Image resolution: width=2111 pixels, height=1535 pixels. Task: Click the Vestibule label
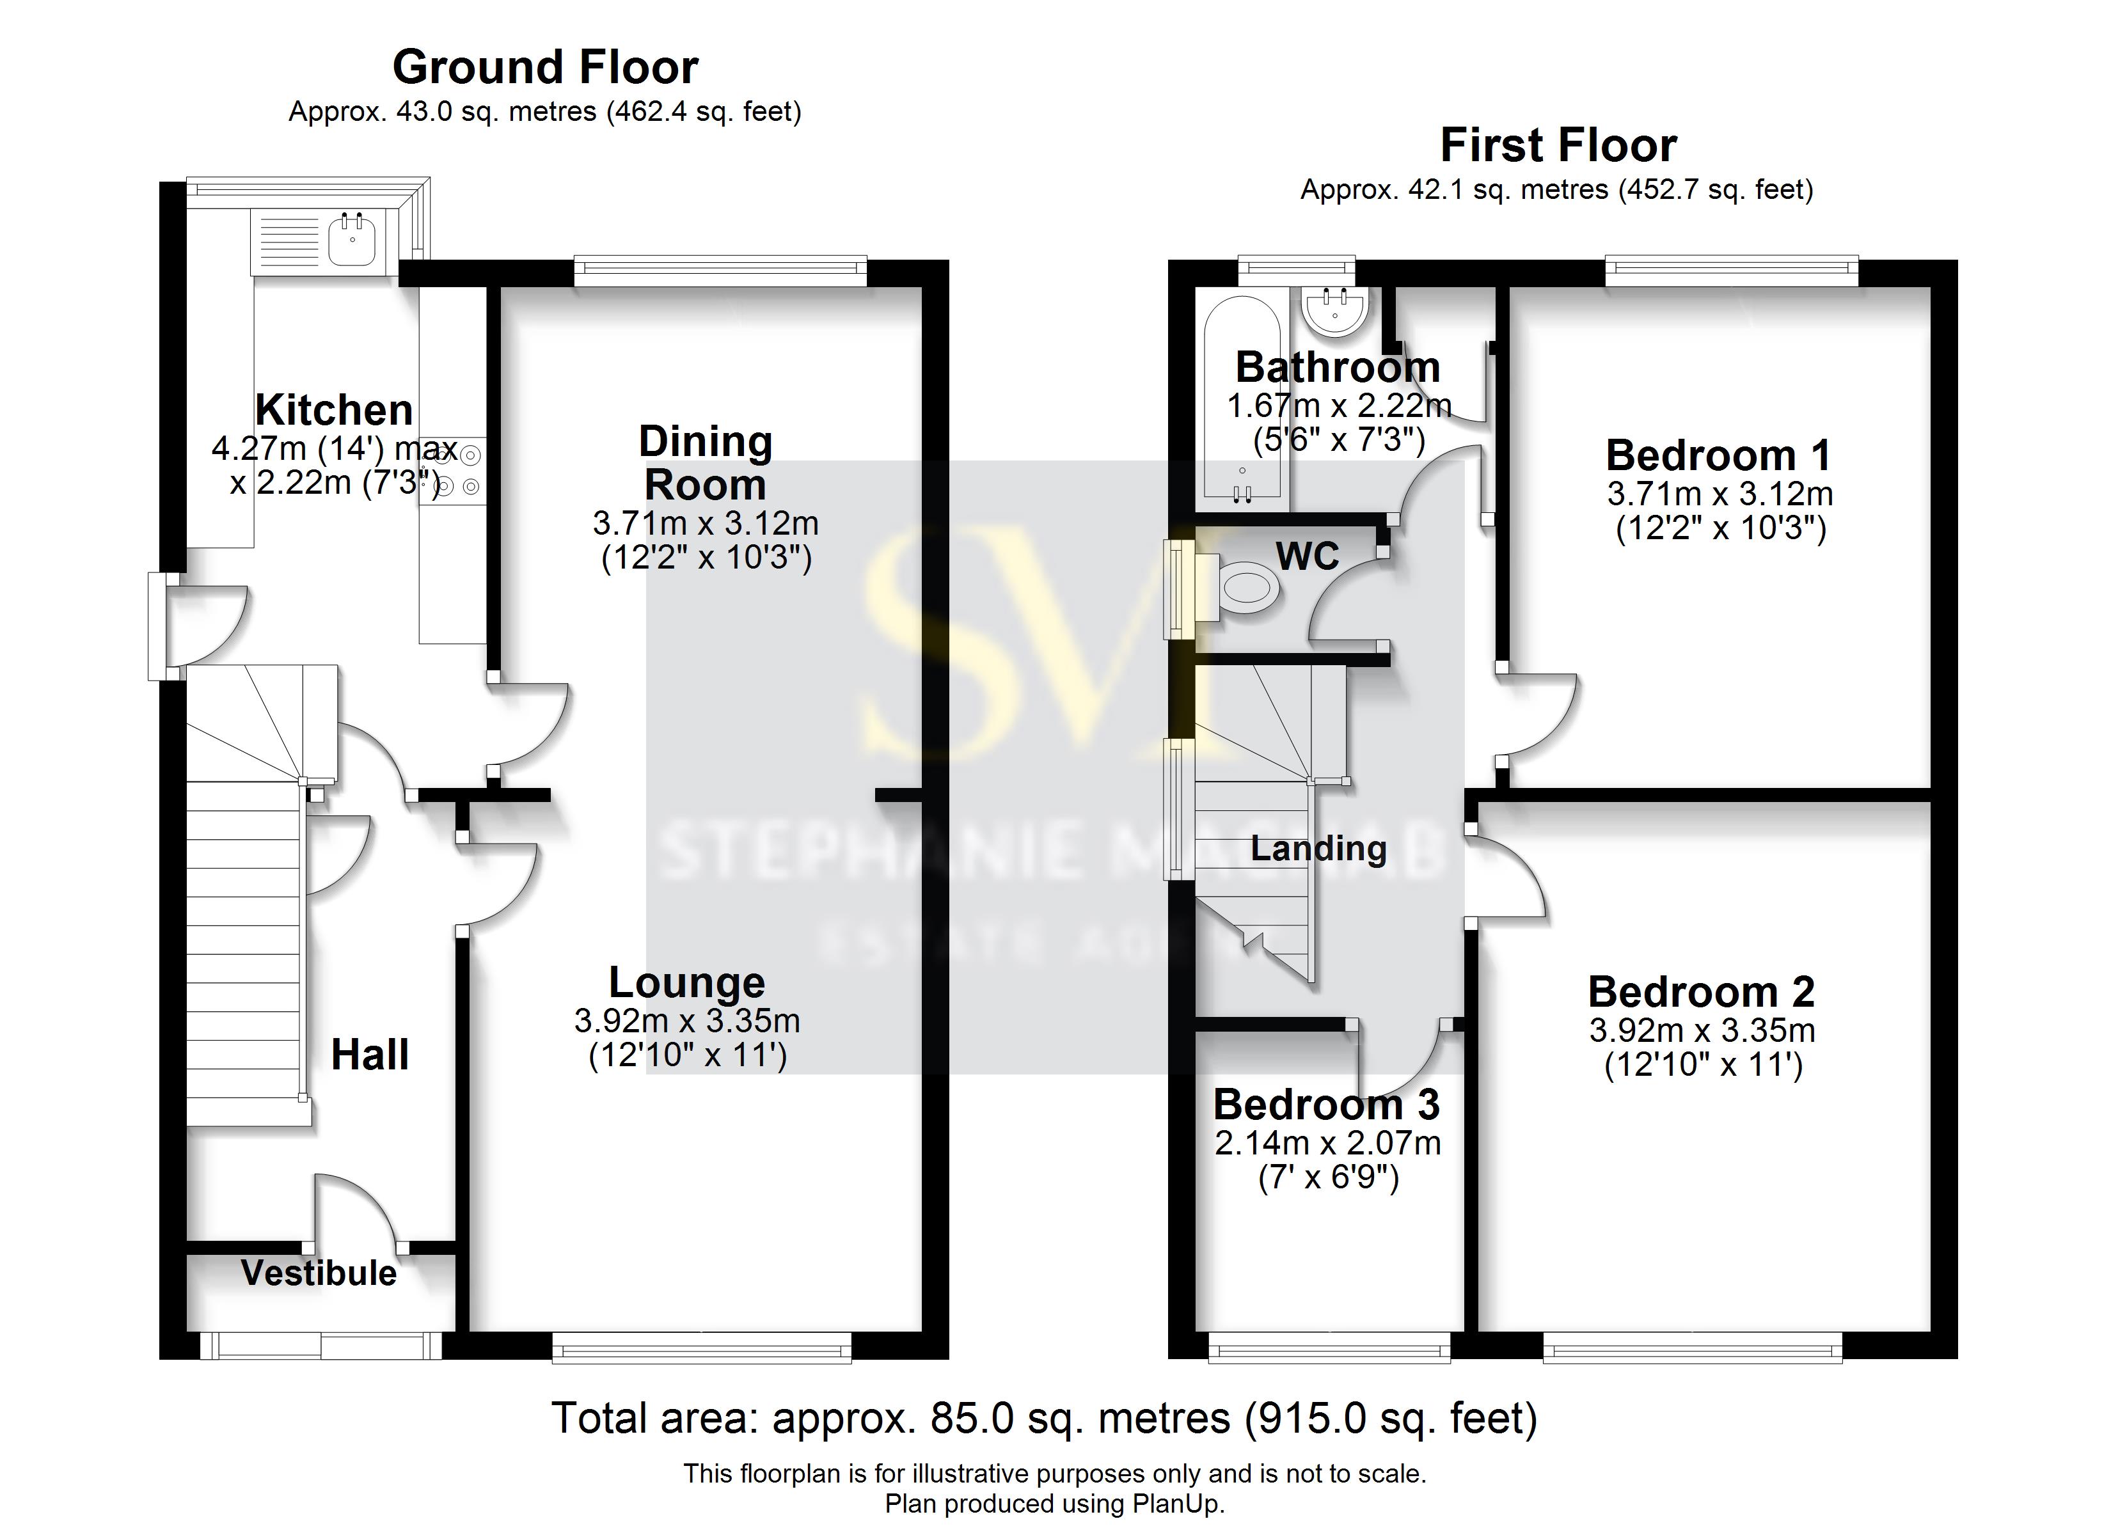(319, 1273)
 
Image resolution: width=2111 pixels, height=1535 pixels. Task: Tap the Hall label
(370, 1055)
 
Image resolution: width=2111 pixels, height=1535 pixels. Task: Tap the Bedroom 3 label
(1326, 1105)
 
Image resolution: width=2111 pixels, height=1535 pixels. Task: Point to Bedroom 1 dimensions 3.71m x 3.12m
(1720, 493)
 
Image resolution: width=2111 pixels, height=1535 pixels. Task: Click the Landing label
(1318, 848)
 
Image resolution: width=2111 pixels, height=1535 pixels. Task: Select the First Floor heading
(1558, 145)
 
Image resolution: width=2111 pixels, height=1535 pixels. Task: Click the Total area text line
(1045, 1418)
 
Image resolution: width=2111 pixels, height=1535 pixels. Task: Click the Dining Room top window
(720, 271)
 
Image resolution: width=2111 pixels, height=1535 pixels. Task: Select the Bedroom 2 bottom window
(1692, 1347)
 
